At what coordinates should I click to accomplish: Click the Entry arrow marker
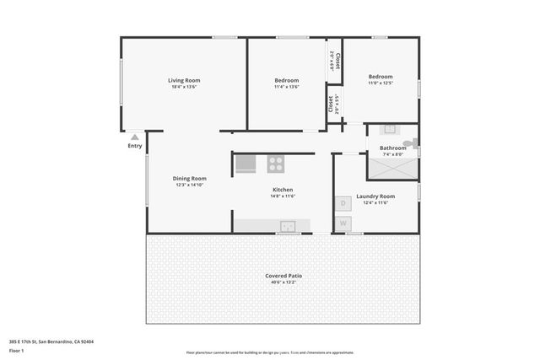(135, 137)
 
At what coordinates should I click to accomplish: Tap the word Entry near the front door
(135, 146)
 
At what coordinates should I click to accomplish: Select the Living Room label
(186, 80)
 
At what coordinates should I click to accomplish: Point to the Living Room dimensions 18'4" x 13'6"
(186, 87)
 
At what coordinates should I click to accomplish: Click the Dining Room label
(190, 178)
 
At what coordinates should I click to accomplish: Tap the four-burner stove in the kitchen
(276, 164)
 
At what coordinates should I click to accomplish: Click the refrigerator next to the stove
(245, 164)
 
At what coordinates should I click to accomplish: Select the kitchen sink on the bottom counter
(288, 226)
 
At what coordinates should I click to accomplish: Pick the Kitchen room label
(282, 190)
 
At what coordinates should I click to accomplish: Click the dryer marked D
(343, 203)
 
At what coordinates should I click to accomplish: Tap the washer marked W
(343, 223)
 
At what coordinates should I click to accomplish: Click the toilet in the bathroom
(409, 143)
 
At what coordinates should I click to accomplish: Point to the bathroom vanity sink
(390, 130)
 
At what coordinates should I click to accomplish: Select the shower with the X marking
(392, 169)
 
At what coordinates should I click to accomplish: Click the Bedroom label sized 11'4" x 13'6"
(287, 80)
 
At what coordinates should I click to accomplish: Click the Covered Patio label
(283, 276)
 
